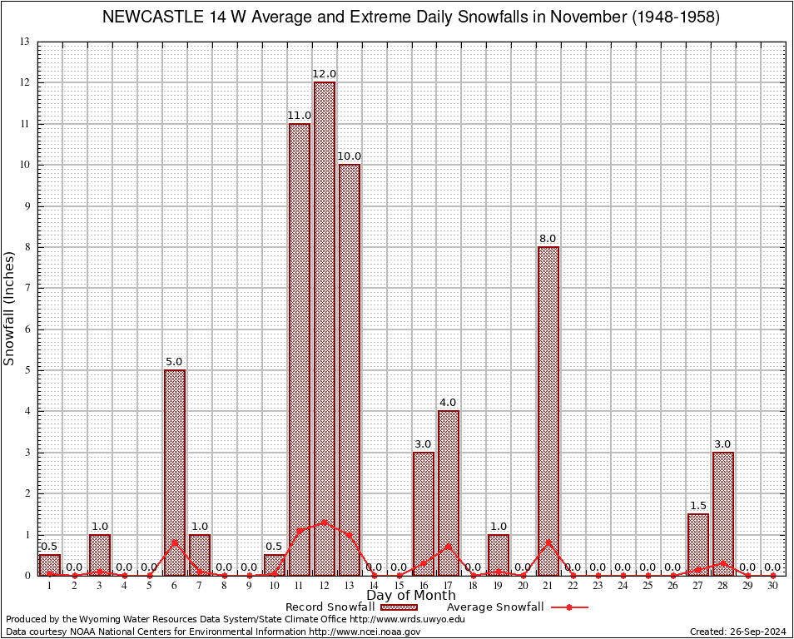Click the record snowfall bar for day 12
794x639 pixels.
tap(324, 329)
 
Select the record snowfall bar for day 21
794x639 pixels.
tap(548, 411)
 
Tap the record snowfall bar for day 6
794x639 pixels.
tap(175, 473)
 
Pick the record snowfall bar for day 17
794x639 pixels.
tap(449, 493)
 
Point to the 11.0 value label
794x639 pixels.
tap(300, 116)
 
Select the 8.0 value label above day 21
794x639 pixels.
tap(548, 239)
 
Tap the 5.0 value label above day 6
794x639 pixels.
tap(174, 362)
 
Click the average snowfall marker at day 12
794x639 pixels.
tap(324, 523)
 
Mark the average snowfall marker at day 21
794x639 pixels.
tap(548, 542)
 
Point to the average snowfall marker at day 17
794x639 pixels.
tap(449, 547)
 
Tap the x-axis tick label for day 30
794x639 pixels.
tap(772, 586)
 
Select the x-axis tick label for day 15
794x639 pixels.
tap(399, 586)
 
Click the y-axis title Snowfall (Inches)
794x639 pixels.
tap(10, 308)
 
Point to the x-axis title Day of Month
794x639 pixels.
tap(411, 596)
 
